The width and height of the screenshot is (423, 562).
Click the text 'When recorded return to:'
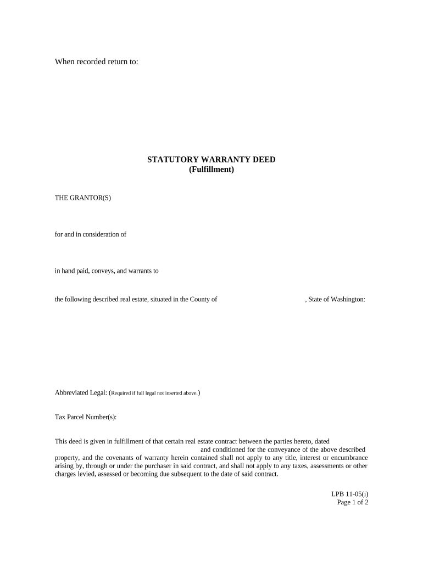coord(97,62)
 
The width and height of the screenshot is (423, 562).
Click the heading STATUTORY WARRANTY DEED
coord(211,160)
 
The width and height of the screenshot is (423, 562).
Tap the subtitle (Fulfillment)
coord(211,170)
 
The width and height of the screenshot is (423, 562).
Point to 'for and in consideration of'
coord(91,234)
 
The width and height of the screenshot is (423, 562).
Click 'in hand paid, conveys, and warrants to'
coord(107,271)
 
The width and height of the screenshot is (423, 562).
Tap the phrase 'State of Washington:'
coord(337,299)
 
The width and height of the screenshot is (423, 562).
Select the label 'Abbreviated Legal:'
coord(81,393)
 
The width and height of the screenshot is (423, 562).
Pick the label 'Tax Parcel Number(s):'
coord(86,417)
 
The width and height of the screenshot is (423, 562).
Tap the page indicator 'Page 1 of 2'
coord(352,502)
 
